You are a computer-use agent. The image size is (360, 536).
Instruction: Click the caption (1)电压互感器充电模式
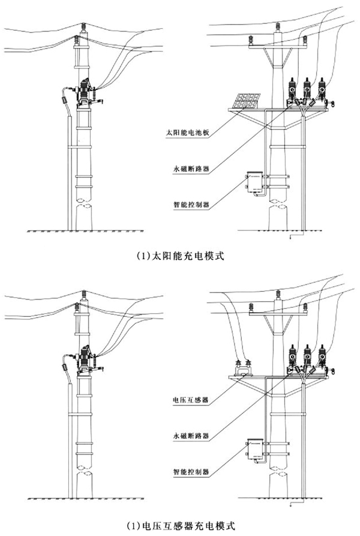click(x=179, y=526)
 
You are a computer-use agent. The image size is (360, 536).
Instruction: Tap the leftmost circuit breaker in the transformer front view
click(x=292, y=358)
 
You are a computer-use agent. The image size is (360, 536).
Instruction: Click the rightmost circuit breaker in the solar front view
click(x=324, y=91)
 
